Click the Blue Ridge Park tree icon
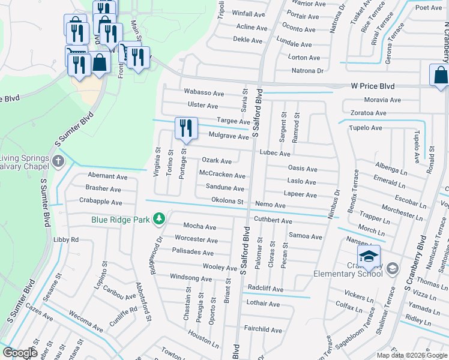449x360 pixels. (159, 219)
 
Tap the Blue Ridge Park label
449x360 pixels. (120, 220)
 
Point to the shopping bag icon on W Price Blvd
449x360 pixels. (440, 76)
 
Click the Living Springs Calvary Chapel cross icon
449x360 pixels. (58, 161)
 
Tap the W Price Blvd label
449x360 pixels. (373, 86)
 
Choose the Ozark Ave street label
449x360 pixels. (217, 161)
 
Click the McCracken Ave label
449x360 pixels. (222, 175)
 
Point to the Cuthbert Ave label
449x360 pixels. (273, 220)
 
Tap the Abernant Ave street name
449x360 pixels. (107, 177)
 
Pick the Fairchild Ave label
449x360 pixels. (263, 330)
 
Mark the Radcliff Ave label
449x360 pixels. (265, 289)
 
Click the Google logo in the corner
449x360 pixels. (20, 353)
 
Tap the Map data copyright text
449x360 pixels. (411, 355)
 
